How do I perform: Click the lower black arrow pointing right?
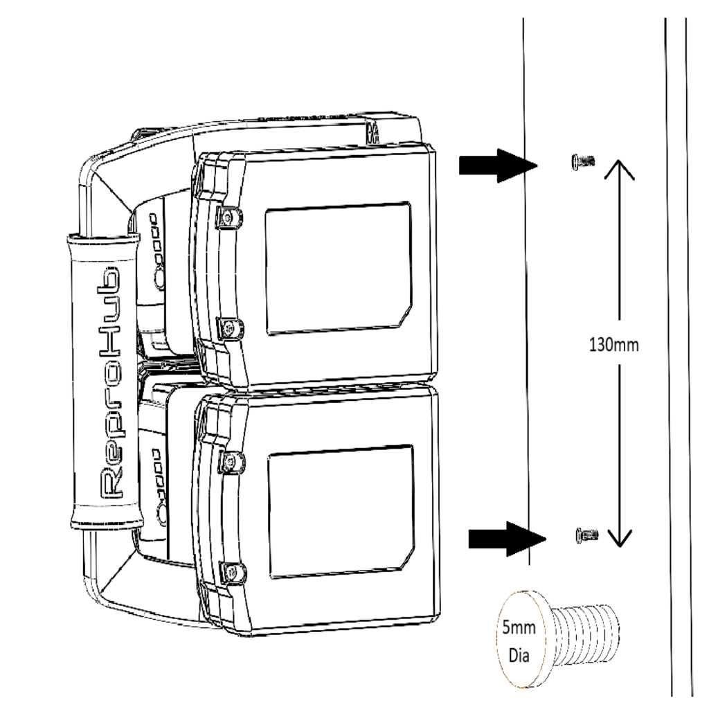point(500,538)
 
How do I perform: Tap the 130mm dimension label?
point(613,345)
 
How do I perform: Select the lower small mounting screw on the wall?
point(586,534)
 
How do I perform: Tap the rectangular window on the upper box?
point(338,269)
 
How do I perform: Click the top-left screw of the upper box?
point(227,218)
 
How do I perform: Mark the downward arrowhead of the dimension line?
point(618,537)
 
